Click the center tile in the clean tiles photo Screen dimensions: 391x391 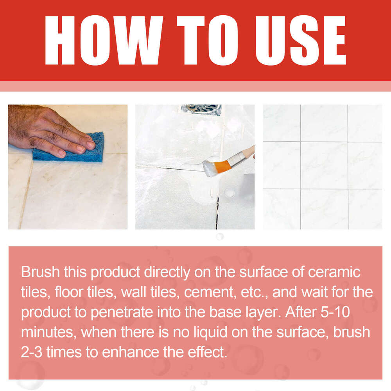(324, 165)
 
